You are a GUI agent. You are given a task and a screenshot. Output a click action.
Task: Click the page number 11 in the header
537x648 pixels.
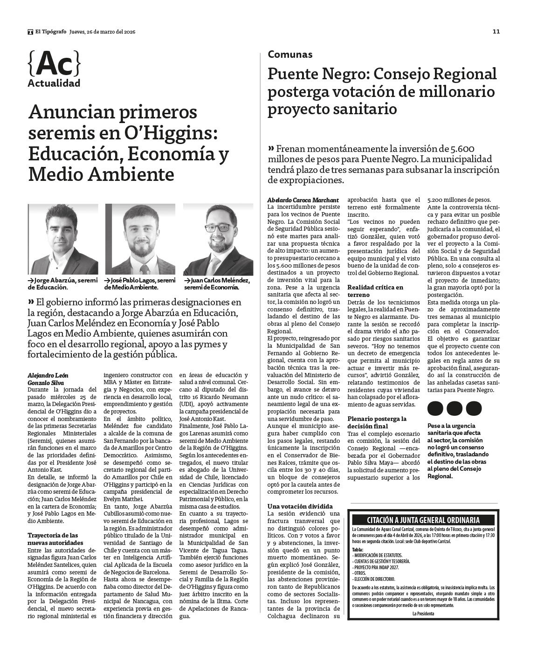coord(496,32)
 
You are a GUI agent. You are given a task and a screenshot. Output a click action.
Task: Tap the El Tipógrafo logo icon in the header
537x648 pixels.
coord(30,32)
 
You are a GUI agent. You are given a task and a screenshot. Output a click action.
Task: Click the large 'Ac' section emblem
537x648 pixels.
coord(54,63)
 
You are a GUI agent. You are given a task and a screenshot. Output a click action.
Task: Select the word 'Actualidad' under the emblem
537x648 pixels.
coord(54,83)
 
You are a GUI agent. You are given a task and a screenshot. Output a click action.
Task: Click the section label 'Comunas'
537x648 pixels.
coord(290,55)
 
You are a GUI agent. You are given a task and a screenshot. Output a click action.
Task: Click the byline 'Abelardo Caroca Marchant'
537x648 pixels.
coord(303,200)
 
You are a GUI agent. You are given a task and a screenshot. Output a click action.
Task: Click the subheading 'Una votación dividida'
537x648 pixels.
coord(300,506)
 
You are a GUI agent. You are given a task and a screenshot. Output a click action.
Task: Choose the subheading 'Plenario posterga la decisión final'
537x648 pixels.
coord(377,422)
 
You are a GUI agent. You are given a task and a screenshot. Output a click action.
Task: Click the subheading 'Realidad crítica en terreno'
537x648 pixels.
coord(375,291)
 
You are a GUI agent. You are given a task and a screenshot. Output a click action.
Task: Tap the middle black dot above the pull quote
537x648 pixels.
coord(454,408)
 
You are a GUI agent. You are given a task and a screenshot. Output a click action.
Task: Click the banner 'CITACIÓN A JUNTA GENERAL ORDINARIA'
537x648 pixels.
coord(423,520)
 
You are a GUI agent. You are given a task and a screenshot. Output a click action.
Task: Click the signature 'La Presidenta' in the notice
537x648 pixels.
coord(423,614)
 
